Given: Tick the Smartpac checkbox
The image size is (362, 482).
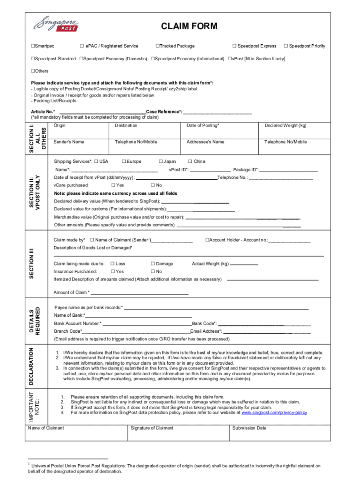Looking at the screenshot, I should point(33,46).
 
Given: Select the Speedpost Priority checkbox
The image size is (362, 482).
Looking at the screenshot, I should point(285,46).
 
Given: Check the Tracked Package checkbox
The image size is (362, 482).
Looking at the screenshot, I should point(157,46).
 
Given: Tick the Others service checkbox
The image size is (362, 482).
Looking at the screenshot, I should point(33,71).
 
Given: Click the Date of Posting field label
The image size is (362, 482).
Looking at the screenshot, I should point(203,126).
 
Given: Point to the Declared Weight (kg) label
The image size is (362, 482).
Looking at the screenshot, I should point(285,126).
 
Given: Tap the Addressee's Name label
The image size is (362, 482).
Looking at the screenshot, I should point(205,142).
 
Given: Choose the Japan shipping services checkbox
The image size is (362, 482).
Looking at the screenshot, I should point(160,161).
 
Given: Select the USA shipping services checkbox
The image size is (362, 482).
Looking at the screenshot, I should point(95,161).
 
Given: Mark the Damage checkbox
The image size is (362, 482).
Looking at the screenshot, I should point(153,264).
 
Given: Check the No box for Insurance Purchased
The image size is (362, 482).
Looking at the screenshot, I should point(153,272).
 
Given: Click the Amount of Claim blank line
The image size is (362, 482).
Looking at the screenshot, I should point(140,293).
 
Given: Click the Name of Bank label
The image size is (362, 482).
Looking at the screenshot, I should point(70,315).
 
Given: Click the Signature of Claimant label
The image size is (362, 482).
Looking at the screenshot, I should point(152,428).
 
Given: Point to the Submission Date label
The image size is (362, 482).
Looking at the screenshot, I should point(249,428).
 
